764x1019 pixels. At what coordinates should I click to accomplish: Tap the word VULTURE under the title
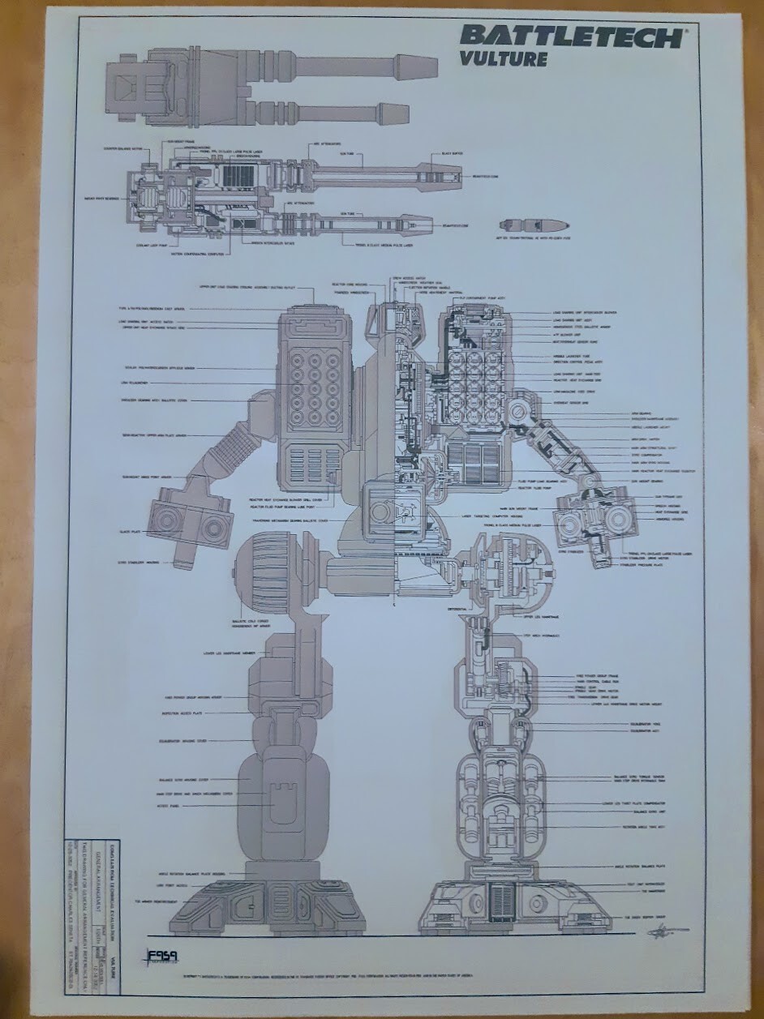[503, 58]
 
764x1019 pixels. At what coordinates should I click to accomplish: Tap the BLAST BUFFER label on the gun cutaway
[452, 153]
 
